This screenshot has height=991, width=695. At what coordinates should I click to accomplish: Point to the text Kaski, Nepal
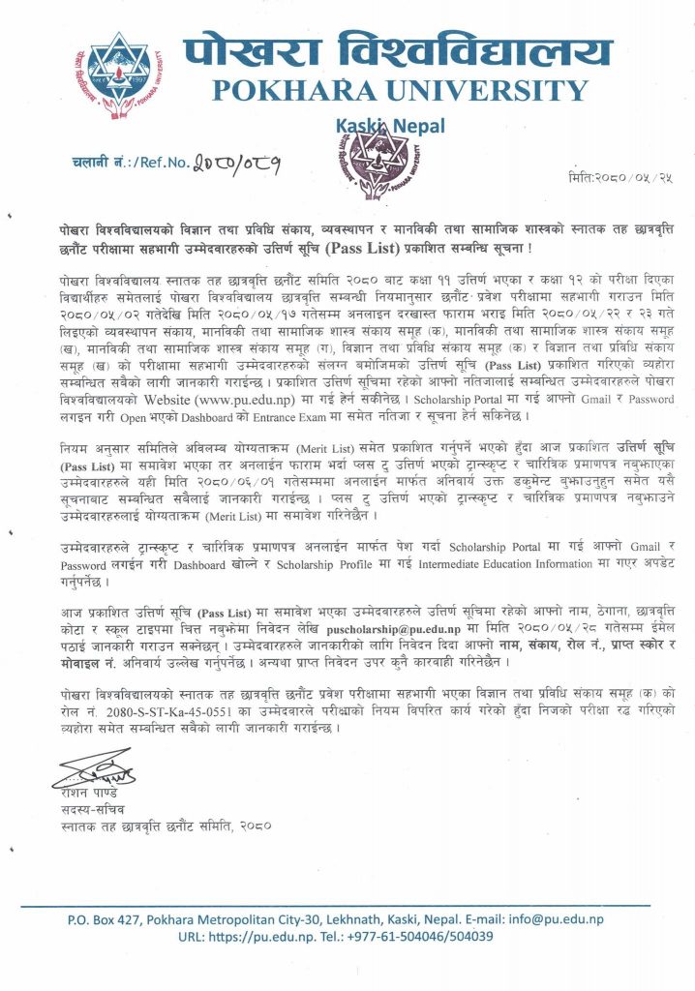pos(379,125)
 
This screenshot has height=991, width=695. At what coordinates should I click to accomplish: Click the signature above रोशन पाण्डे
pos(93,770)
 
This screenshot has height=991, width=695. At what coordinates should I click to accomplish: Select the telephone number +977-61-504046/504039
pos(423,937)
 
